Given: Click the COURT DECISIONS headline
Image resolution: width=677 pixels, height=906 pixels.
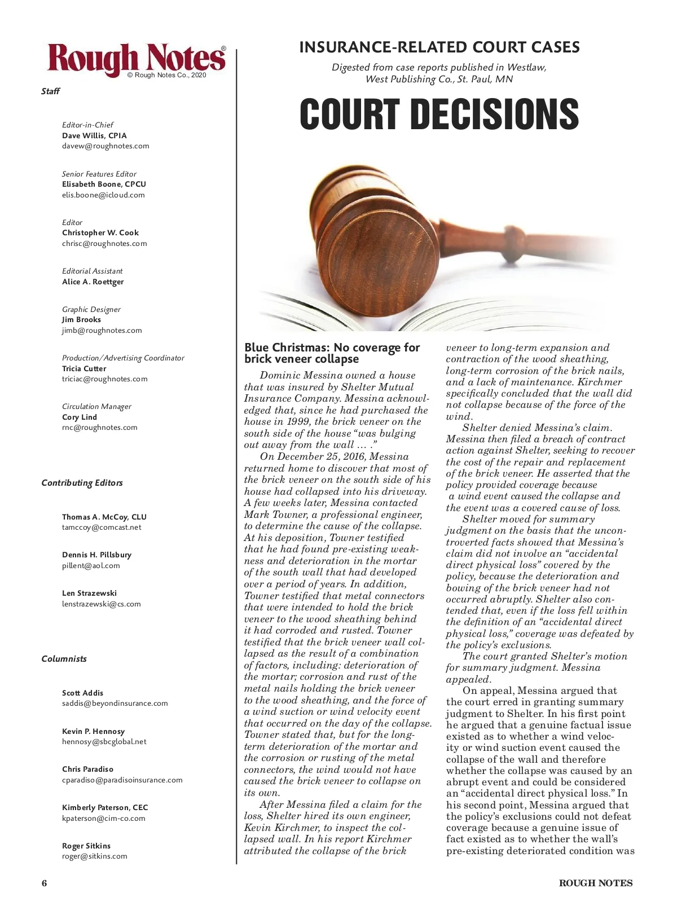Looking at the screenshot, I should [x=439, y=114].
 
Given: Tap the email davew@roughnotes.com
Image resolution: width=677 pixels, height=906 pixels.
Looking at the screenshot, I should [x=105, y=146].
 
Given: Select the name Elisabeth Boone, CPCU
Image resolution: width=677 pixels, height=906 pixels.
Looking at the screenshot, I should [x=104, y=184].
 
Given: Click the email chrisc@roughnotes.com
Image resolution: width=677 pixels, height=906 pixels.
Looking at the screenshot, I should [x=104, y=244].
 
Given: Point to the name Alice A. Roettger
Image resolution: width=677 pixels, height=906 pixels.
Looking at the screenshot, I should [x=93, y=282].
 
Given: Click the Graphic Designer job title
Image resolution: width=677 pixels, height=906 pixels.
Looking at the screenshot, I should [x=91, y=309].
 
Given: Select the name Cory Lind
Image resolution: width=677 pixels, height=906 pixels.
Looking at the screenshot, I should [x=80, y=417].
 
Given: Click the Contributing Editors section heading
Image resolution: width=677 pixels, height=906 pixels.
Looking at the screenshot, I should [x=82, y=483].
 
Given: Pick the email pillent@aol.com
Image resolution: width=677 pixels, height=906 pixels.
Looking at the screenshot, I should [x=91, y=566].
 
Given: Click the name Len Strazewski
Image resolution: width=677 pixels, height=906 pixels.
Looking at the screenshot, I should [x=89, y=593].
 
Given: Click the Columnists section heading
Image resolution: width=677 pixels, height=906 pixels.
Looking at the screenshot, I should [x=64, y=659].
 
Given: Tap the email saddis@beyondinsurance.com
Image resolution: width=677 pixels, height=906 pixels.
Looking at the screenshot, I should [x=115, y=703].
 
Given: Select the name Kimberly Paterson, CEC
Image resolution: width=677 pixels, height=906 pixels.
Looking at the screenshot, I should [x=105, y=808].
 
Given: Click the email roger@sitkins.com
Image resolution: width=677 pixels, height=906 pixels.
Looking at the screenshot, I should [x=95, y=856].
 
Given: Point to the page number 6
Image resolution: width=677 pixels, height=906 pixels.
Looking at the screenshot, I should [x=44, y=883].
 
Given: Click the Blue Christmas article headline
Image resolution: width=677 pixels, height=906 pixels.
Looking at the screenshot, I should [x=332, y=353].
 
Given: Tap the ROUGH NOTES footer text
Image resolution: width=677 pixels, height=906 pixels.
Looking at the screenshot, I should [x=596, y=883].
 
